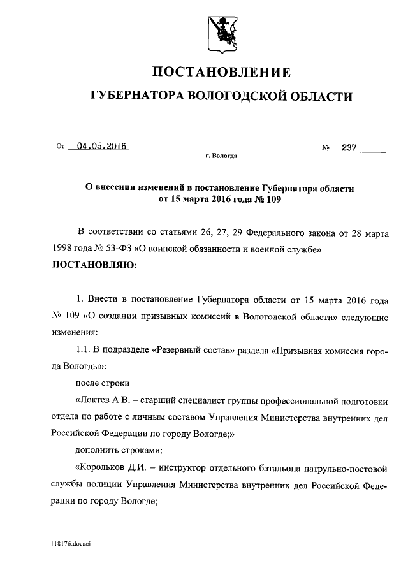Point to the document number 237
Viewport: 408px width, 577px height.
349,148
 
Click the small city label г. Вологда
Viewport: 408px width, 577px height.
220,156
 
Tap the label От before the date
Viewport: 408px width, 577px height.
61,146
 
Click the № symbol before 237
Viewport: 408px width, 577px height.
326,149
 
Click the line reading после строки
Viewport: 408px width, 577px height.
102,384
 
